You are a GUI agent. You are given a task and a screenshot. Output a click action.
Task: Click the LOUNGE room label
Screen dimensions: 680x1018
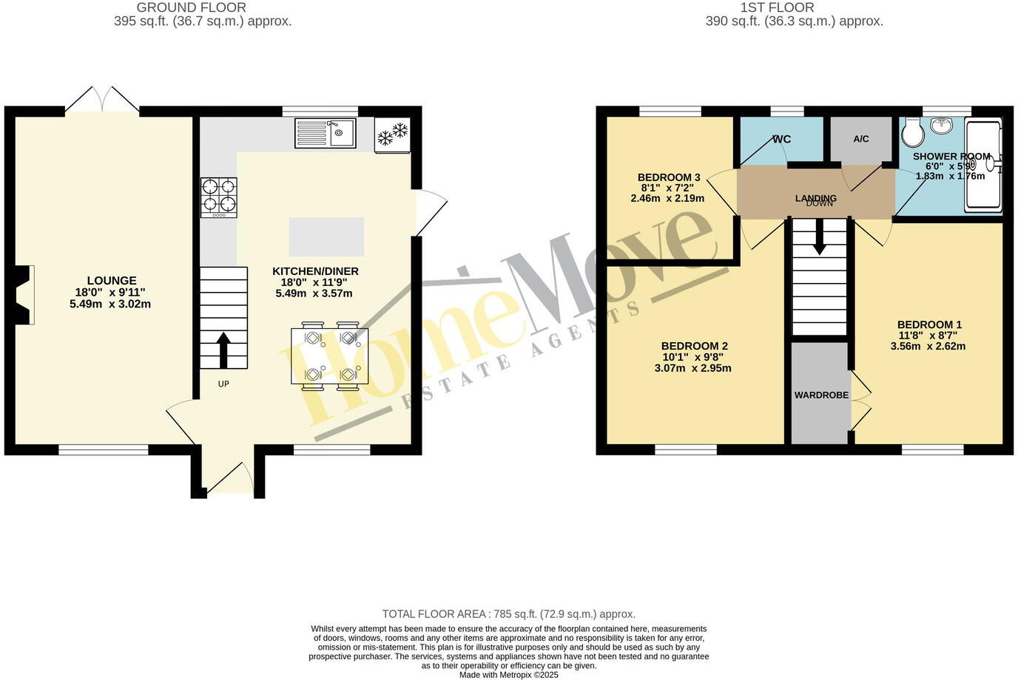[x=112, y=281]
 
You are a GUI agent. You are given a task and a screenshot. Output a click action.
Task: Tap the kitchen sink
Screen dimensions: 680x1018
[x=326, y=133]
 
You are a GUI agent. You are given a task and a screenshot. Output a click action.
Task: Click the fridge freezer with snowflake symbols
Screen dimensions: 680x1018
[x=392, y=135]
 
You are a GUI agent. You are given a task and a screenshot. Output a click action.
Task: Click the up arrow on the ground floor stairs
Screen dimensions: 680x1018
[x=223, y=349]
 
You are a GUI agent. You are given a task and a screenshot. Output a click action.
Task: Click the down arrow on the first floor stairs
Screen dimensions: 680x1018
[x=819, y=238]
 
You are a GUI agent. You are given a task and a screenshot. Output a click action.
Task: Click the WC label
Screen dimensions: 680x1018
[x=781, y=139]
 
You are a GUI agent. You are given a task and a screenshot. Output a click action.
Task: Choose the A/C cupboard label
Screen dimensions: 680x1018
[x=861, y=139]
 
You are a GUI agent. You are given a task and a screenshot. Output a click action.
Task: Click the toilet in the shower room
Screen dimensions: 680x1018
[x=913, y=132]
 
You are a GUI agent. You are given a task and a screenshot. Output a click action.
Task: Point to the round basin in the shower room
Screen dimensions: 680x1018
[x=942, y=126]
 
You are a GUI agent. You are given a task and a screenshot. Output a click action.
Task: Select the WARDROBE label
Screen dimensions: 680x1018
[x=821, y=395]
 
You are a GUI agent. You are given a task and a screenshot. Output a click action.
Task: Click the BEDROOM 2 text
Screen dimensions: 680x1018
[x=694, y=346]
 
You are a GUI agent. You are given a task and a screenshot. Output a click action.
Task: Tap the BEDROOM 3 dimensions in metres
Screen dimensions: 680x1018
[x=667, y=198]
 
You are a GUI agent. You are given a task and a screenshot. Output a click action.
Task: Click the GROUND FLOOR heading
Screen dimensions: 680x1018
[x=191, y=7]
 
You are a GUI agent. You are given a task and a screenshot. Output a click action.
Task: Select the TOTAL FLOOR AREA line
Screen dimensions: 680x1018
[x=508, y=614]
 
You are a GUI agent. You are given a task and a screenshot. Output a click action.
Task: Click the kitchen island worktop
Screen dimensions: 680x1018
[x=326, y=236]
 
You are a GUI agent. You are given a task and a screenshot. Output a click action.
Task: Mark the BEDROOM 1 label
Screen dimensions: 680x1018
[x=929, y=324]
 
